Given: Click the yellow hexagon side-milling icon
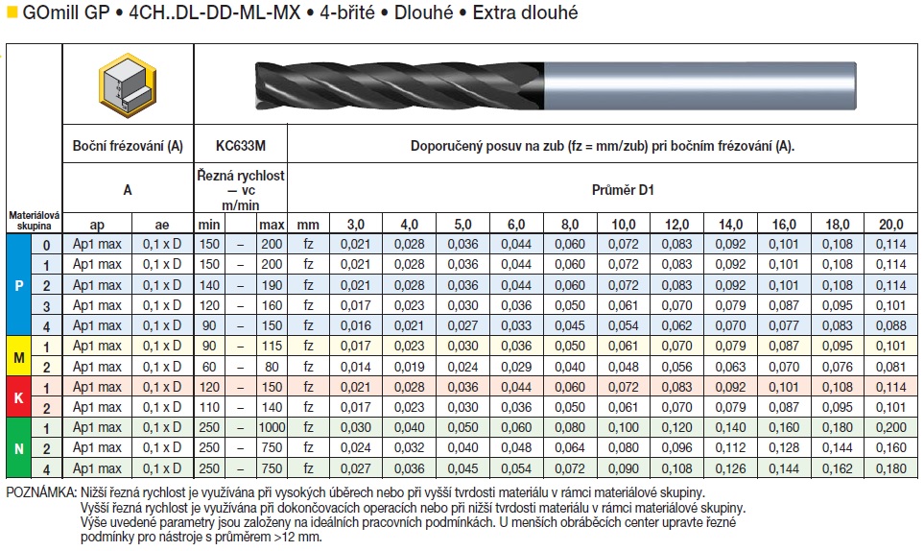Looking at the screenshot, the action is click(128, 84).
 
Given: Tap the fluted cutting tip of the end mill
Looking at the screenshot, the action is click(399, 86).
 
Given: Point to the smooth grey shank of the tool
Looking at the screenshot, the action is click(700, 86).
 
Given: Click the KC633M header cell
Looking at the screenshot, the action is click(241, 146).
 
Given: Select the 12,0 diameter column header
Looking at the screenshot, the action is click(676, 225).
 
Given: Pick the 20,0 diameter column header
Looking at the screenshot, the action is click(890, 225).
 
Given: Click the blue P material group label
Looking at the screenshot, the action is click(18, 285).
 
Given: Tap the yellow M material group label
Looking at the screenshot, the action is click(18, 356).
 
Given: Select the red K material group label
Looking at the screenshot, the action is click(18, 397).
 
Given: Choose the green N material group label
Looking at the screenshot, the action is click(18, 448).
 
